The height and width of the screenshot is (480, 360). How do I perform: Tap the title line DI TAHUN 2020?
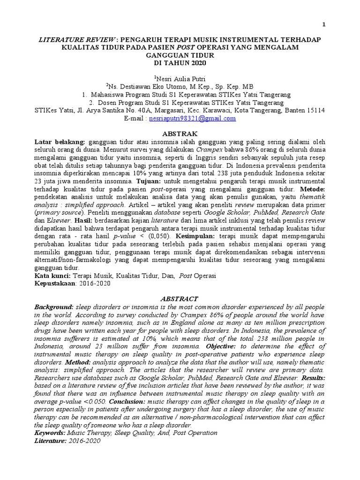tap(180, 63)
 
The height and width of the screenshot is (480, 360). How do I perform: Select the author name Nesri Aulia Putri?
tap(181, 78)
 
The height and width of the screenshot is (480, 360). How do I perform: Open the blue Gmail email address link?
tap(192, 119)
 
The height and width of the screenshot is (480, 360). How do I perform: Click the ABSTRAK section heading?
tap(180, 134)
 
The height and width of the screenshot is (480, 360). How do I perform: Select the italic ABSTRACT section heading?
tap(180, 299)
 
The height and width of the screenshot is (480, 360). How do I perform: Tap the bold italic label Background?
tap(54, 307)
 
